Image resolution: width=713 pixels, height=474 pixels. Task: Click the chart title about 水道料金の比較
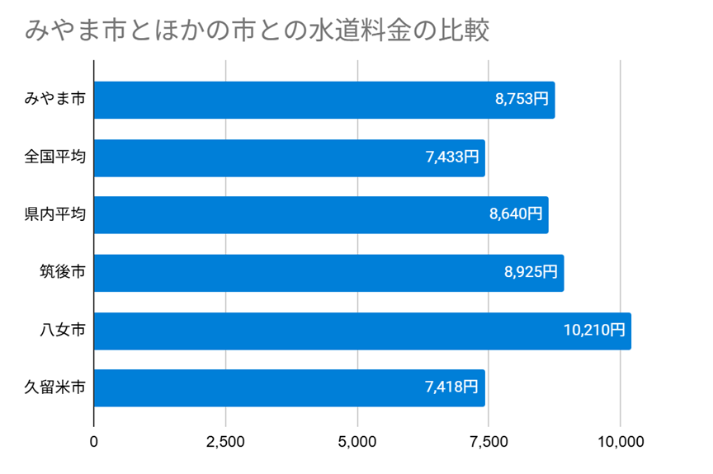(258, 31)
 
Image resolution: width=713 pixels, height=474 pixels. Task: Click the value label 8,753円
(522, 100)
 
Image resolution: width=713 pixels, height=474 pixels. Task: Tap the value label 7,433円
(452, 157)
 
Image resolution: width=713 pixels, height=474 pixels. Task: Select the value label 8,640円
(516, 215)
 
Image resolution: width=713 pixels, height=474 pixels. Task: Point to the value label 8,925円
(531, 273)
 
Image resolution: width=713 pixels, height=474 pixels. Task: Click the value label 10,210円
(594, 331)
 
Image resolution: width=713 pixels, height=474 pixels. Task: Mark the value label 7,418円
(452, 388)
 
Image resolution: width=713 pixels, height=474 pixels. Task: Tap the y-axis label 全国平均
(54, 157)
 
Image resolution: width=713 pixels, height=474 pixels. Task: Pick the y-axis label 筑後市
(62, 273)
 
